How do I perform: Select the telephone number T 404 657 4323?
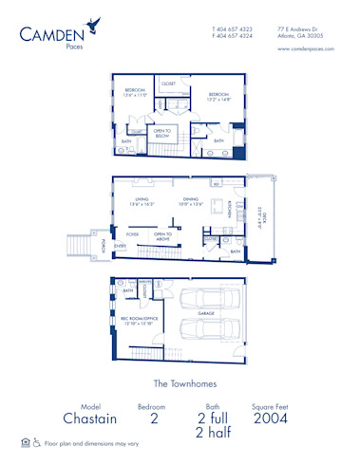[x=233, y=28]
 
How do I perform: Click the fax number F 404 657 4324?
[x=233, y=36]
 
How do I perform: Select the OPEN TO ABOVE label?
[x=162, y=234]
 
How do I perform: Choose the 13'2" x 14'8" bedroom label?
[x=218, y=96]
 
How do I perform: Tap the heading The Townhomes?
[x=180, y=384]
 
